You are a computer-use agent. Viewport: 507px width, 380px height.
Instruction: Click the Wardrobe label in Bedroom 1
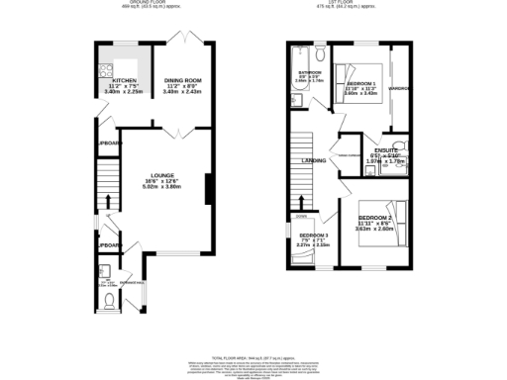pyautogui.click(x=400, y=89)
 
